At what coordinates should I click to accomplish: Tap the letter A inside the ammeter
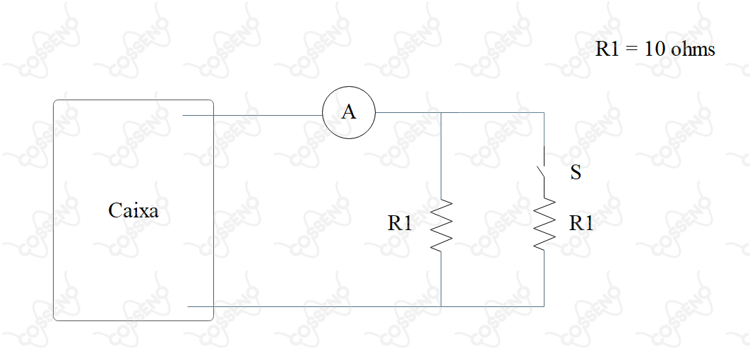(349, 112)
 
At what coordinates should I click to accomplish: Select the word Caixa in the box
(133, 210)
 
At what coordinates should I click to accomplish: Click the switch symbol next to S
(542, 171)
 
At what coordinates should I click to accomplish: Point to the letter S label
(576, 173)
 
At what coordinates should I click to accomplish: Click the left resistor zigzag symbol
(441, 224)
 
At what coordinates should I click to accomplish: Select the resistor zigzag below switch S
(544, 224)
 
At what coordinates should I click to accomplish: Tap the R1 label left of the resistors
(400, 223)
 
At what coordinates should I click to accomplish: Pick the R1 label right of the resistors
(581, 223)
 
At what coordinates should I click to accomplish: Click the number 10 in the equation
(655, 49)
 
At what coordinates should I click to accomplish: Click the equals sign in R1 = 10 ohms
(632, 49)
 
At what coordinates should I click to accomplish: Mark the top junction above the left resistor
(441, 113)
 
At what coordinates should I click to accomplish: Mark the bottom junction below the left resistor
(441, 306)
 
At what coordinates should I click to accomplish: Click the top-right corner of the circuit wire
(544, 113)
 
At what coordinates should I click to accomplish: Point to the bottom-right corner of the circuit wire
(544, 306)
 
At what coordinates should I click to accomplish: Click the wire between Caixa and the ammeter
(253, 115)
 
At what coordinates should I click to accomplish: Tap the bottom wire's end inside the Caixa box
(188, 306)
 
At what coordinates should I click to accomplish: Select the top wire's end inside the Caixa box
(183, 115)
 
